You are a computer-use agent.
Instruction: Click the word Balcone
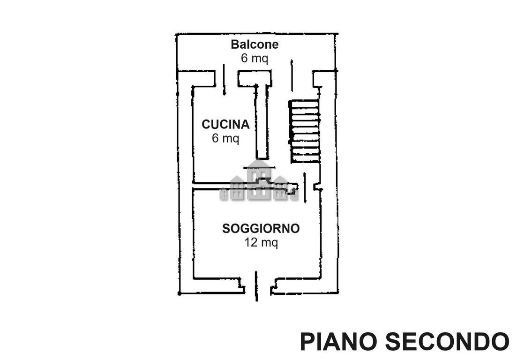(255, 44)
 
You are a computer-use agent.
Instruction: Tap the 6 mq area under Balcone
(255, 58)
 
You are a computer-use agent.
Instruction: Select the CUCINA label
(225, 124)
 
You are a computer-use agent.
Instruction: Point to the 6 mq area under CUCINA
(225, 138)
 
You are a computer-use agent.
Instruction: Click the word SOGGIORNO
(261, 228)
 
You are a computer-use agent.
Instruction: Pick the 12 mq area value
(261, 243)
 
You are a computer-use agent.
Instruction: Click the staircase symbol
(305, 131)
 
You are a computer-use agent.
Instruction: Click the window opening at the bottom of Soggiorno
(256, 286)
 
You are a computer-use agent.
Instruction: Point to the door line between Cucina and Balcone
(224, 79)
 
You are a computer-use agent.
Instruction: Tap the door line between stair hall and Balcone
(292, 75)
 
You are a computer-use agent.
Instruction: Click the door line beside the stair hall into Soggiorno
(305, 187)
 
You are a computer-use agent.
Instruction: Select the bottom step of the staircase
(305, 159)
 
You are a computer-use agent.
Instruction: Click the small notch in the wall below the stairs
(317, 187)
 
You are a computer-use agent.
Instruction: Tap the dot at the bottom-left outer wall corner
(180, 293)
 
